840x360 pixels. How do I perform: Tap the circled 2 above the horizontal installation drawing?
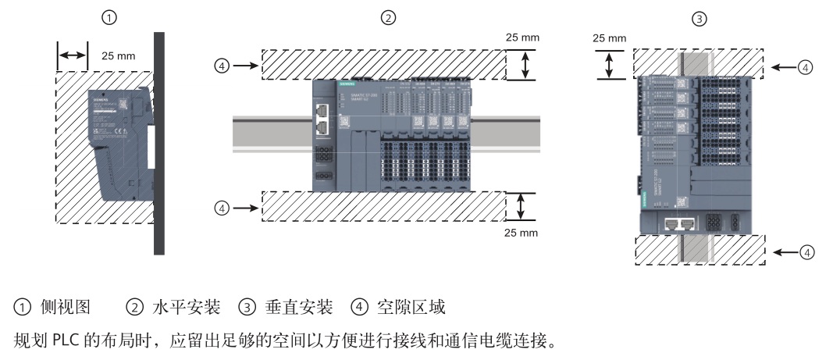(x=386, y=17)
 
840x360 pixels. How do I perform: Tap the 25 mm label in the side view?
(x=119, y=56)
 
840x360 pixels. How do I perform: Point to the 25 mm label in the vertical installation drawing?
(x=610, y=37)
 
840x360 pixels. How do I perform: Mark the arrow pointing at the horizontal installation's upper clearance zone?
(x=246, y=66)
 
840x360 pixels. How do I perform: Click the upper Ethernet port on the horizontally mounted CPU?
(x=322, y=112)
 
